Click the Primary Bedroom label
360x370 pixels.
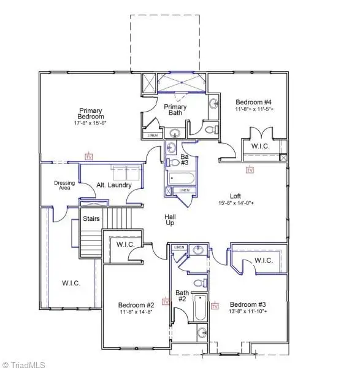click(91, 114)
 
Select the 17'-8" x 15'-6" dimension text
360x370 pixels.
click(91, 123)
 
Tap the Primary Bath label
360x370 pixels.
click(174, 110)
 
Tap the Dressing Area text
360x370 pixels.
click(64, 185)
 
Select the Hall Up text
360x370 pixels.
click(170, 220)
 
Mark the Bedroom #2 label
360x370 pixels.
click(136, 305)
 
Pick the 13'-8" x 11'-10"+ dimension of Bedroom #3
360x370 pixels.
click(249, 312)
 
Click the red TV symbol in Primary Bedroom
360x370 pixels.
click(89, 156)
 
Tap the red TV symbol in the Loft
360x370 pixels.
click(249, 170)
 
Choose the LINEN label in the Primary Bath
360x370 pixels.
click(152, 135)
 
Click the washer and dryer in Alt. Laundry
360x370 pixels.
click(125, 172)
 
